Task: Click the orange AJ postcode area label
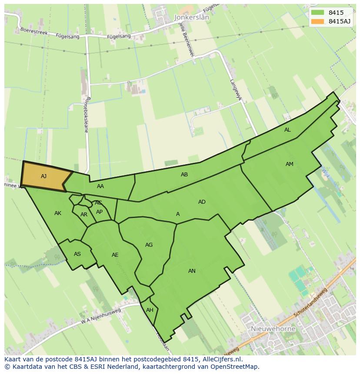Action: click(x=43, y=176)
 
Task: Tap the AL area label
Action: click(x=287, y=130)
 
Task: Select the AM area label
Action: click(x=290, y=164)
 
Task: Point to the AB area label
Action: click(x=184, y=175)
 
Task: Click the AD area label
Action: click(x=202, y=202)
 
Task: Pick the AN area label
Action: click(x=192, y=271)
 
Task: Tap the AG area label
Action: click(x=149, y=245)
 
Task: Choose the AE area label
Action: click(x=115, y=255)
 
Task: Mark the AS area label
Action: click(x=77, y=254)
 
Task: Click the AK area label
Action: click(x=58, y=213)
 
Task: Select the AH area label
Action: click(x=150, y=310)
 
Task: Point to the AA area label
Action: click(x=100, y=186)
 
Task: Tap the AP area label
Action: click(x=100, y=212)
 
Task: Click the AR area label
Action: click(x=84, y=215)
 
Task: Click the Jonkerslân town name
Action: click(x=191, y=18)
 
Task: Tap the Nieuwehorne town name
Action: click(x=273, y=329)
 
